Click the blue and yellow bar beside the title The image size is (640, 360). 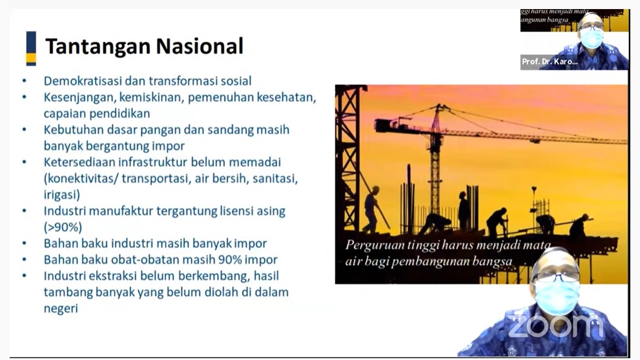(31, 48)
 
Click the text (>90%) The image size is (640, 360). (63, 227)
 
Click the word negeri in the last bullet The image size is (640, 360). (61, 309)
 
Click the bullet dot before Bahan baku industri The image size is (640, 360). (24, 244)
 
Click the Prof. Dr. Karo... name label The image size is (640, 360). (550, 62)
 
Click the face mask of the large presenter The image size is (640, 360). (558, 296)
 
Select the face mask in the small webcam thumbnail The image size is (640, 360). (592, 38)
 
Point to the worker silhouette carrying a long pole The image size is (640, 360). (371, 209)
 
